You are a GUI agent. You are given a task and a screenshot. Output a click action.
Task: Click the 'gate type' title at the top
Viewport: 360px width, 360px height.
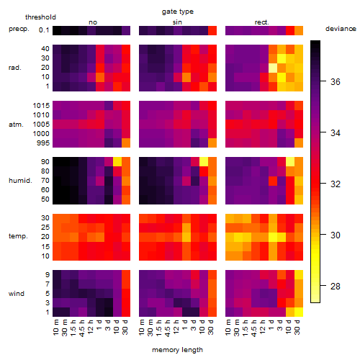pos(178,12)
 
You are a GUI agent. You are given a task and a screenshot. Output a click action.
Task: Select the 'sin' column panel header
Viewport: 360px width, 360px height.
pos(177,22)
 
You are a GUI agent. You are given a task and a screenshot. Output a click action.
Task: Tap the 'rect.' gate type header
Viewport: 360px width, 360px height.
pos(262,22)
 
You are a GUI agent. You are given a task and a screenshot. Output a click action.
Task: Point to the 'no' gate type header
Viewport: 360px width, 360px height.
pos(93,22)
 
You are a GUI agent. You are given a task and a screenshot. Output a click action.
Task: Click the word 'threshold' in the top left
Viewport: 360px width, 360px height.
pos(40,17)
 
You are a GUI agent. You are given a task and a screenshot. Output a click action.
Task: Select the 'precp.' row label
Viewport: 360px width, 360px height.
pos(19,29)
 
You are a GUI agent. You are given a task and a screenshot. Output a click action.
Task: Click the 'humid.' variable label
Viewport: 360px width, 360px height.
pos(20,180)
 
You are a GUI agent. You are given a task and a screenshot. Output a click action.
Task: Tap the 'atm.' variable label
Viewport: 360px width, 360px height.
pos(16,125)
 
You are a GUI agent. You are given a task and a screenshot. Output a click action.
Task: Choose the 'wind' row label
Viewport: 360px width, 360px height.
pos(17,293)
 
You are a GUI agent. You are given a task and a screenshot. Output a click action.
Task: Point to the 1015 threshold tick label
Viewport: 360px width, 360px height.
pos(41,105)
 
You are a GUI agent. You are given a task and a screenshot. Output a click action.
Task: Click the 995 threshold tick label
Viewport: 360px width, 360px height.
pos(43,143)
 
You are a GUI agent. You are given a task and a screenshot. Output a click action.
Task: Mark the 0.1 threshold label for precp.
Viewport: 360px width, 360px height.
pos(44,30)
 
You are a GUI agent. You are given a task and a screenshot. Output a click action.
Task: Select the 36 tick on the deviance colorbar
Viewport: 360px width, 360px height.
pos(336,81)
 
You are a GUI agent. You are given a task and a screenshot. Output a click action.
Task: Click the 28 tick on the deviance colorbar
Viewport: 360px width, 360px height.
pos(336,286)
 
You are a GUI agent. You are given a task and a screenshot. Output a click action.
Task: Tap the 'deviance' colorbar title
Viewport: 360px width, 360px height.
pos(341,29)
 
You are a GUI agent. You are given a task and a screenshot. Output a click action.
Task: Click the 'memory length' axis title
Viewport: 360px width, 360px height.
pos(177,350)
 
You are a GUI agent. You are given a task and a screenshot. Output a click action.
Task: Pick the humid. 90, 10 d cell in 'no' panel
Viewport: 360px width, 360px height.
pos(117,162)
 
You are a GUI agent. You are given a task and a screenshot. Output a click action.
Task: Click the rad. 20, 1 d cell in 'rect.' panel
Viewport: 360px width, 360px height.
pos(273,68)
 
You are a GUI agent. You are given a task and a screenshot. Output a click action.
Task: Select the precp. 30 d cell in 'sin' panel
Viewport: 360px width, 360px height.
pos(212,31)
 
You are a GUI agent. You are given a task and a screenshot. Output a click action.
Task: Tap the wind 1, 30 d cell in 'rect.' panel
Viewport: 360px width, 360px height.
pos(299,312)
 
